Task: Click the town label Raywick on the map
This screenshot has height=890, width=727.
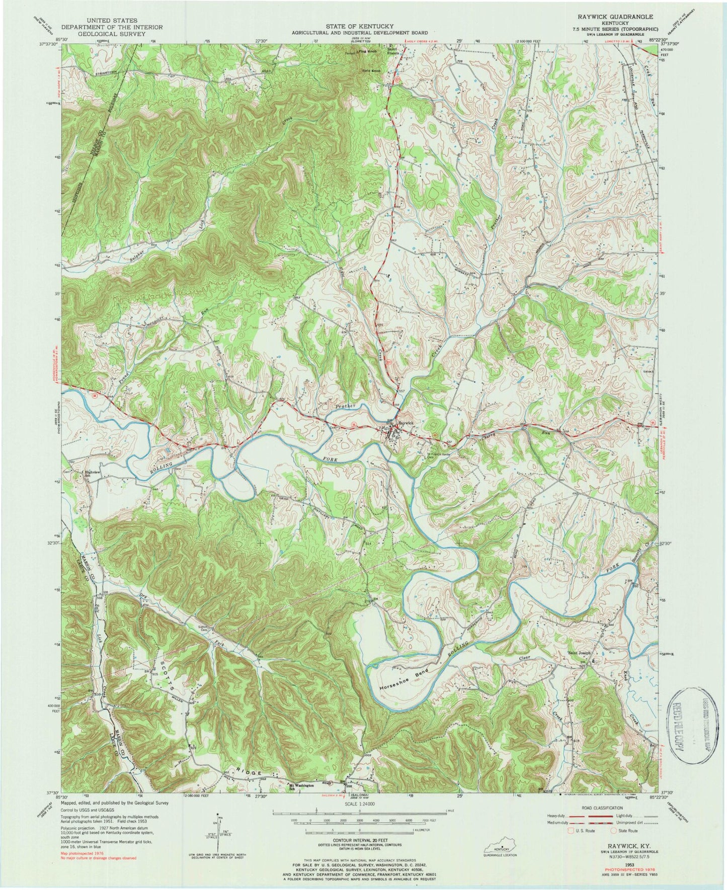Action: click(406, 423)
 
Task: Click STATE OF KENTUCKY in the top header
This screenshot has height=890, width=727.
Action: click(359, 26)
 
